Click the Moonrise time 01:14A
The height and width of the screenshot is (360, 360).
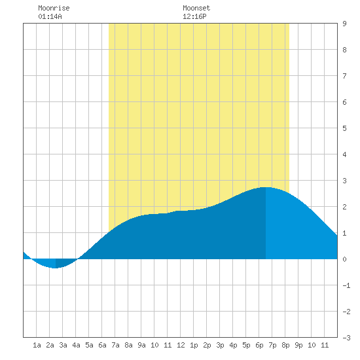click(x=50, y=16)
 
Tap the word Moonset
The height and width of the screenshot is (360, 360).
click(x=196, y=8)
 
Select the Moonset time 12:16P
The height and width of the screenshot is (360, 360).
click(x=194, y=16)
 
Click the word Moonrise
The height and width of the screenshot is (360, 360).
click(x=54, y=8)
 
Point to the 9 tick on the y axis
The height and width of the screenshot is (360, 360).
click(x=344, y=24)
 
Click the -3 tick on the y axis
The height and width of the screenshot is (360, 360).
click(x=346, y=338)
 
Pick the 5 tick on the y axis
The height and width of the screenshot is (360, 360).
click(x=344, y=128)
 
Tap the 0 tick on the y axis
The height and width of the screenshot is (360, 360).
click(x=344, y=259)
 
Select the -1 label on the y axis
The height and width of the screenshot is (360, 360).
click(x=346, y=285)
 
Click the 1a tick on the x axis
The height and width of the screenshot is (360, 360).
click(x=37, y=345)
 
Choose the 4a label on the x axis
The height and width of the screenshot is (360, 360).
click(x=76, y=345)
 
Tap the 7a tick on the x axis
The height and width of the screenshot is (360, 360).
click(x=115, y=345)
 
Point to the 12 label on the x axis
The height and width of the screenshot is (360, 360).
click(x=181, y=345)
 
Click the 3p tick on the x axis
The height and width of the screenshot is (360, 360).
click(x=220, y=345)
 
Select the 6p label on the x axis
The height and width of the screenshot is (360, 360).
click(x=259, y=345)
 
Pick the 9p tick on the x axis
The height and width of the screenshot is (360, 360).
click(x=298, y=345)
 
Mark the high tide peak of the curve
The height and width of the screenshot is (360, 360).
click(x=266, y=187)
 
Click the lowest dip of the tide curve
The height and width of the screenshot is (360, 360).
click(x=55, y=268)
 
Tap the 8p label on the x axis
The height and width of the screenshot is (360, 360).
click(x=285, y=345)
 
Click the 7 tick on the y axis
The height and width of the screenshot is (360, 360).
click(x=344, y=76)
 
